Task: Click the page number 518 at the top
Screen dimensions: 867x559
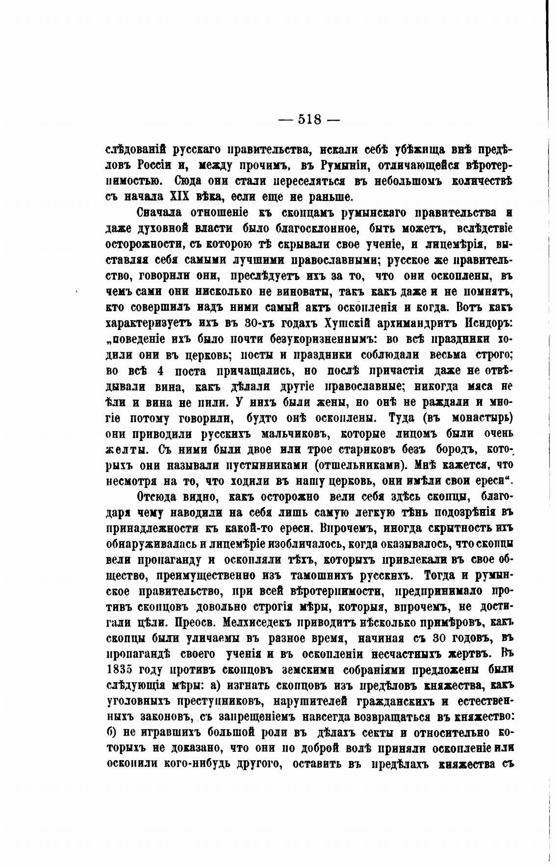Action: click(309, 119)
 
